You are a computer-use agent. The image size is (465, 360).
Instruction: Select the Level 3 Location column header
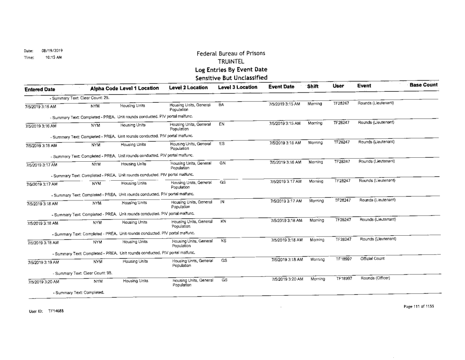(237, 88)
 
